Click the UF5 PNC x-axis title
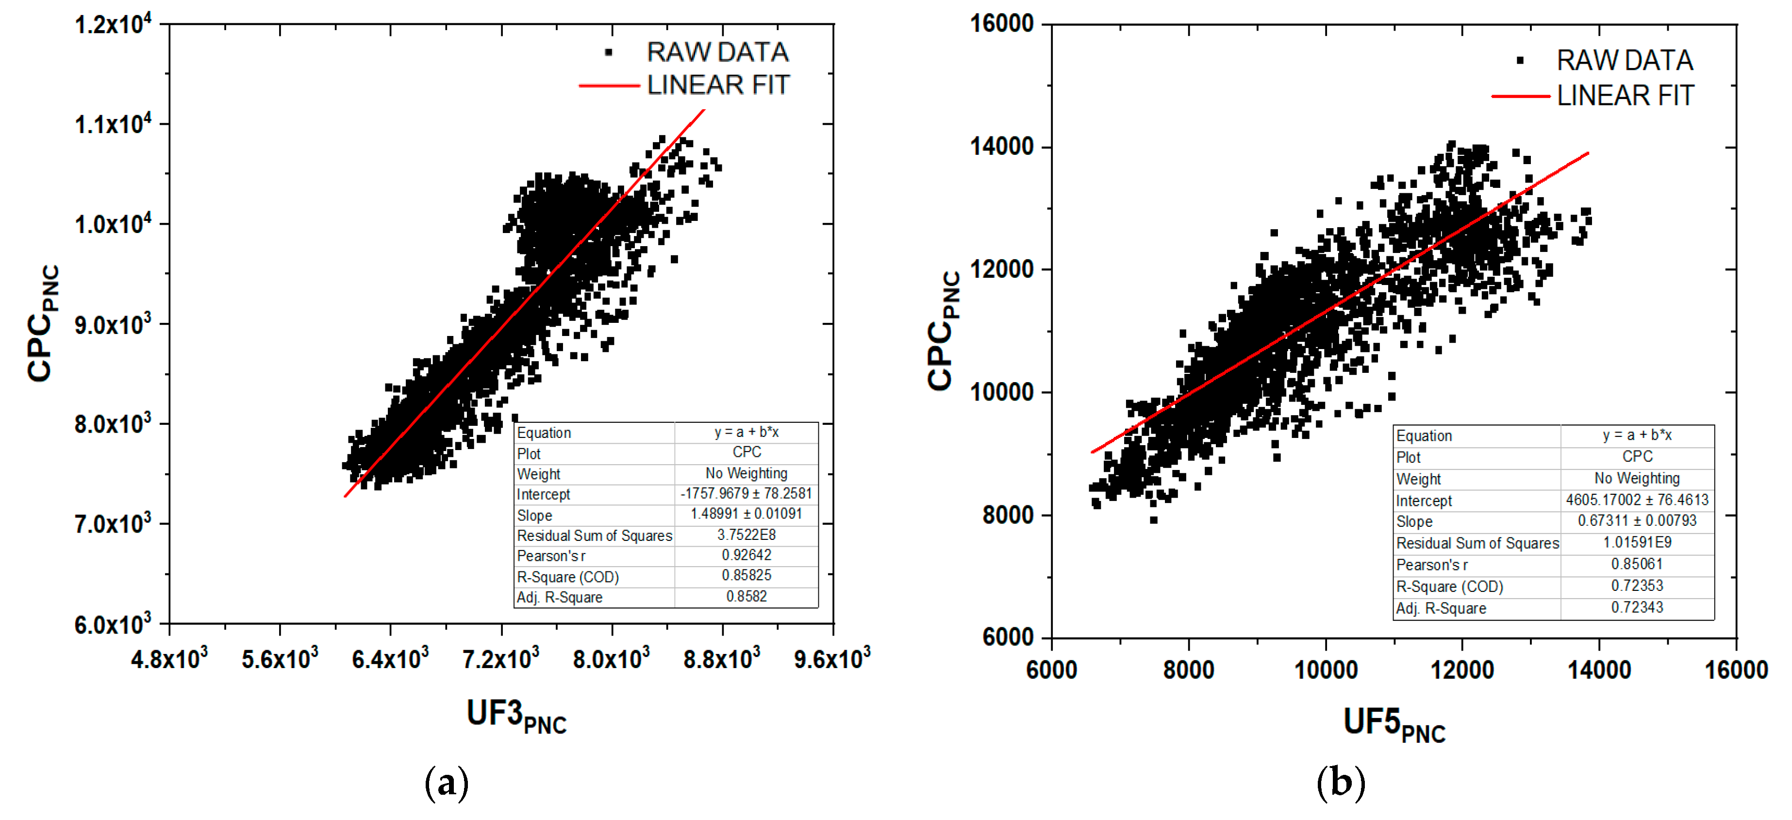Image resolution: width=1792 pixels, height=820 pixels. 1394,724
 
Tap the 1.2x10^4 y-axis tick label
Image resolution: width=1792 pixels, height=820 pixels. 112,24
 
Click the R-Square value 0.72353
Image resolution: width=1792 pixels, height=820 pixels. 1637,586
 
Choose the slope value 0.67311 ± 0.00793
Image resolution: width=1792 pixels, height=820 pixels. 1637,520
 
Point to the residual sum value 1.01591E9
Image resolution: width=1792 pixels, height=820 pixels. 1637,542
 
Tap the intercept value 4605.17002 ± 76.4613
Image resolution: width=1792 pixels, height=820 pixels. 1637,500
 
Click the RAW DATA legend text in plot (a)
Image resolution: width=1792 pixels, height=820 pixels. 717,52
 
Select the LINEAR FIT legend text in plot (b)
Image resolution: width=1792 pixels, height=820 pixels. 1625,95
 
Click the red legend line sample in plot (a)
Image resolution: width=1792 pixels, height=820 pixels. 609,85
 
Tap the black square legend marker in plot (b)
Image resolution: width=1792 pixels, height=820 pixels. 1520,61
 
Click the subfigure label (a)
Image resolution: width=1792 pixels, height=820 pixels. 447,783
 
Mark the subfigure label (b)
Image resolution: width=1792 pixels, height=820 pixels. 1341,783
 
